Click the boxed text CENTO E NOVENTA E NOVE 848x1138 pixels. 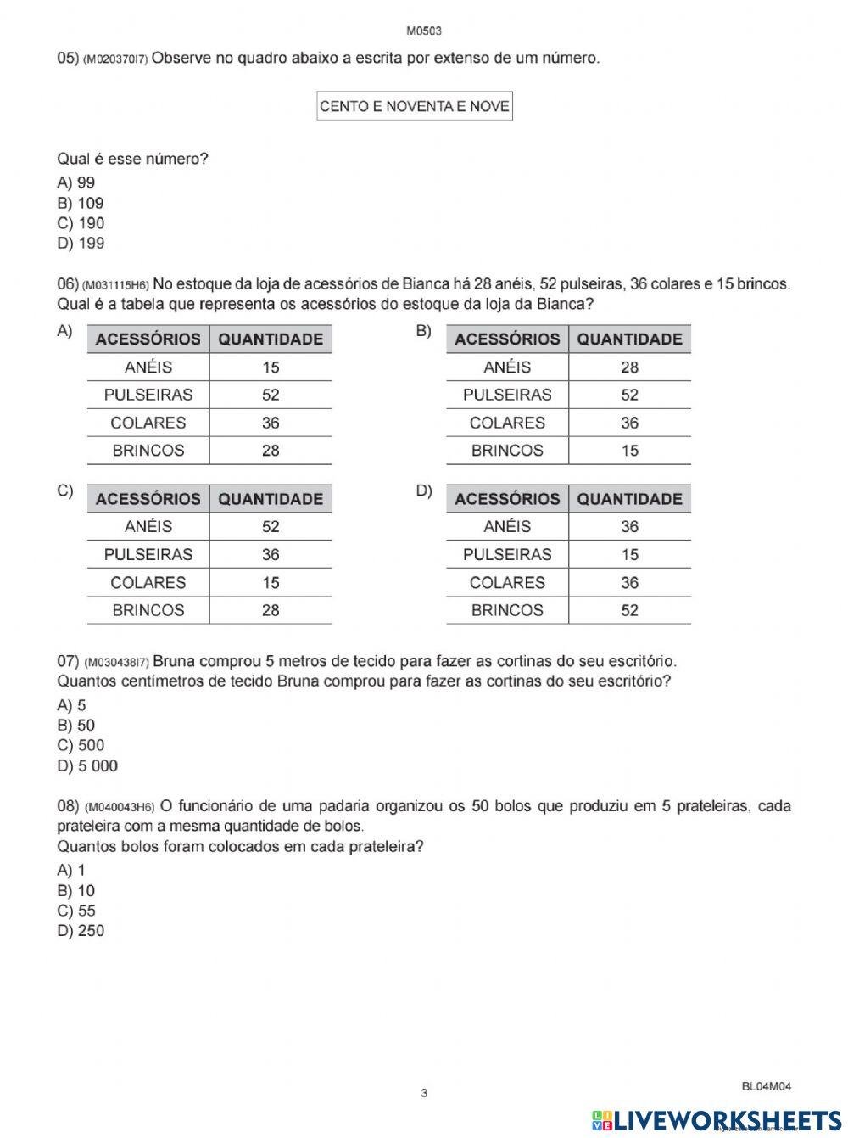(414, 107)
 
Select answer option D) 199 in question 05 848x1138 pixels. (81, 244)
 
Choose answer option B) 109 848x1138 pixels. (81, 203)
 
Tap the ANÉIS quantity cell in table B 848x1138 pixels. (629, 367)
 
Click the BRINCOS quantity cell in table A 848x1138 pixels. (271, 451)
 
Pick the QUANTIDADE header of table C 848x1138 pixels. (271, 499)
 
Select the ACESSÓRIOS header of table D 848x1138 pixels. (507, 499)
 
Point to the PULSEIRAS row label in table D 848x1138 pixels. (507, 554)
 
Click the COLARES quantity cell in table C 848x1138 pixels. (271, 582)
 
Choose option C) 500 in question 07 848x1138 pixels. (81, 746)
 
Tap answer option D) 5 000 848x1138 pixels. (87, 766)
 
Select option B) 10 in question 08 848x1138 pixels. (76, 891)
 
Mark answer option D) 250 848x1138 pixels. (81, 931)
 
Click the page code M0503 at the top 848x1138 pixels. (424, 31)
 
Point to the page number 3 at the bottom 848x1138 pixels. (424, 1093)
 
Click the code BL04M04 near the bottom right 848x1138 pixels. (766, 1085)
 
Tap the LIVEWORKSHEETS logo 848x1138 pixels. (717, 1119)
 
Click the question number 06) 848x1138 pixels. (68, 283)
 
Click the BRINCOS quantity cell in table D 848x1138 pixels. (629, 610)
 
